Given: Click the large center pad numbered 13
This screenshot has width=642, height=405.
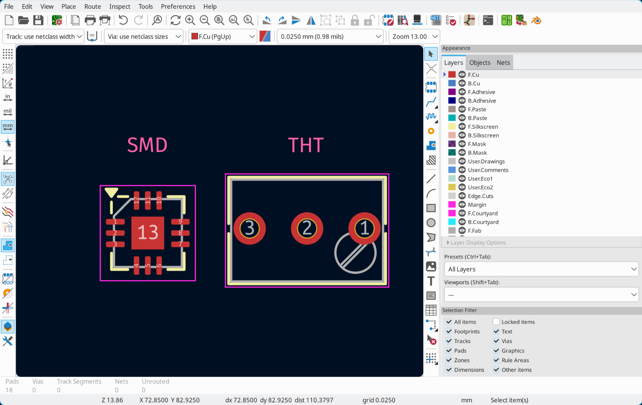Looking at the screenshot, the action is point(148,233).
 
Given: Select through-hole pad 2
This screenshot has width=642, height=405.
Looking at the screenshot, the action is point(307,228).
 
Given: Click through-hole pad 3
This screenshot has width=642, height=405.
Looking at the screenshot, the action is point(250,228).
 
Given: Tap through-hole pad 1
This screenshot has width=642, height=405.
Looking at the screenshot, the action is point(364,228).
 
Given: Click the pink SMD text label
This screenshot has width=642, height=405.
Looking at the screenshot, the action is point(147,145).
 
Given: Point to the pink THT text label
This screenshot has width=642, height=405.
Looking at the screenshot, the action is point(306,145).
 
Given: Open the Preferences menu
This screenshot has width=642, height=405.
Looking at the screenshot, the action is point(178,6).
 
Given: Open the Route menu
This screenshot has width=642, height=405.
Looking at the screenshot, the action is point(93,6).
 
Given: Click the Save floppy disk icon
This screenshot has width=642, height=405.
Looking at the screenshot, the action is point(38,20).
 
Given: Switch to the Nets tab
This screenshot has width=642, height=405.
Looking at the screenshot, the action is point(503,63).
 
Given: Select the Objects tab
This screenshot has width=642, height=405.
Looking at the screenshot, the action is point(480,63).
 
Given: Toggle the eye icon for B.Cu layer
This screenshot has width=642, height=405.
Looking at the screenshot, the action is point(462,83).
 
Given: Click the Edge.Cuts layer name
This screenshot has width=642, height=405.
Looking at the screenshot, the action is point(480,196).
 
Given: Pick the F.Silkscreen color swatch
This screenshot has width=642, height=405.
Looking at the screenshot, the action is point(452,127).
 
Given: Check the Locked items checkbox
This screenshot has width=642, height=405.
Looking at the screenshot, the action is point(496,322).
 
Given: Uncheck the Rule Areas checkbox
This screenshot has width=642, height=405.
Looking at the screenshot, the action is point(496,360).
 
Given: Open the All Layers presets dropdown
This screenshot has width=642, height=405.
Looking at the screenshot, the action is point(541,269).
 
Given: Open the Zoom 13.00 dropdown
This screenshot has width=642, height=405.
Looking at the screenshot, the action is point(414,36).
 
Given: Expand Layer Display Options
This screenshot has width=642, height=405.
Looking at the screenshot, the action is point(477,243).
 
